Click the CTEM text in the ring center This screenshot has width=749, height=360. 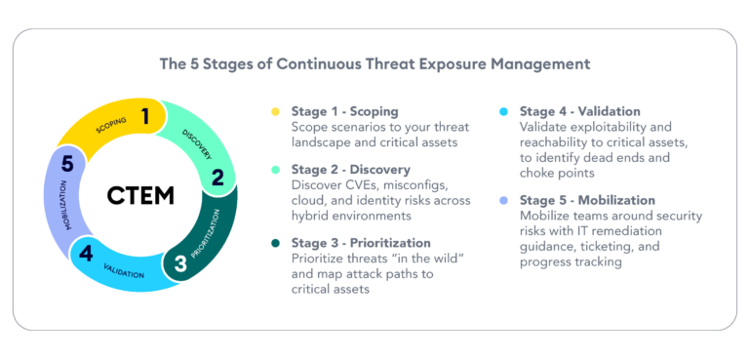(140, 195)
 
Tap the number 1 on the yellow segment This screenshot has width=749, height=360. (145, 117)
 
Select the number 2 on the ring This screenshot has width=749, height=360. (217, 177)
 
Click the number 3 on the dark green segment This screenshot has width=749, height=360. (180, 262)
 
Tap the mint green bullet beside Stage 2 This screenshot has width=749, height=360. (277, 170)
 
